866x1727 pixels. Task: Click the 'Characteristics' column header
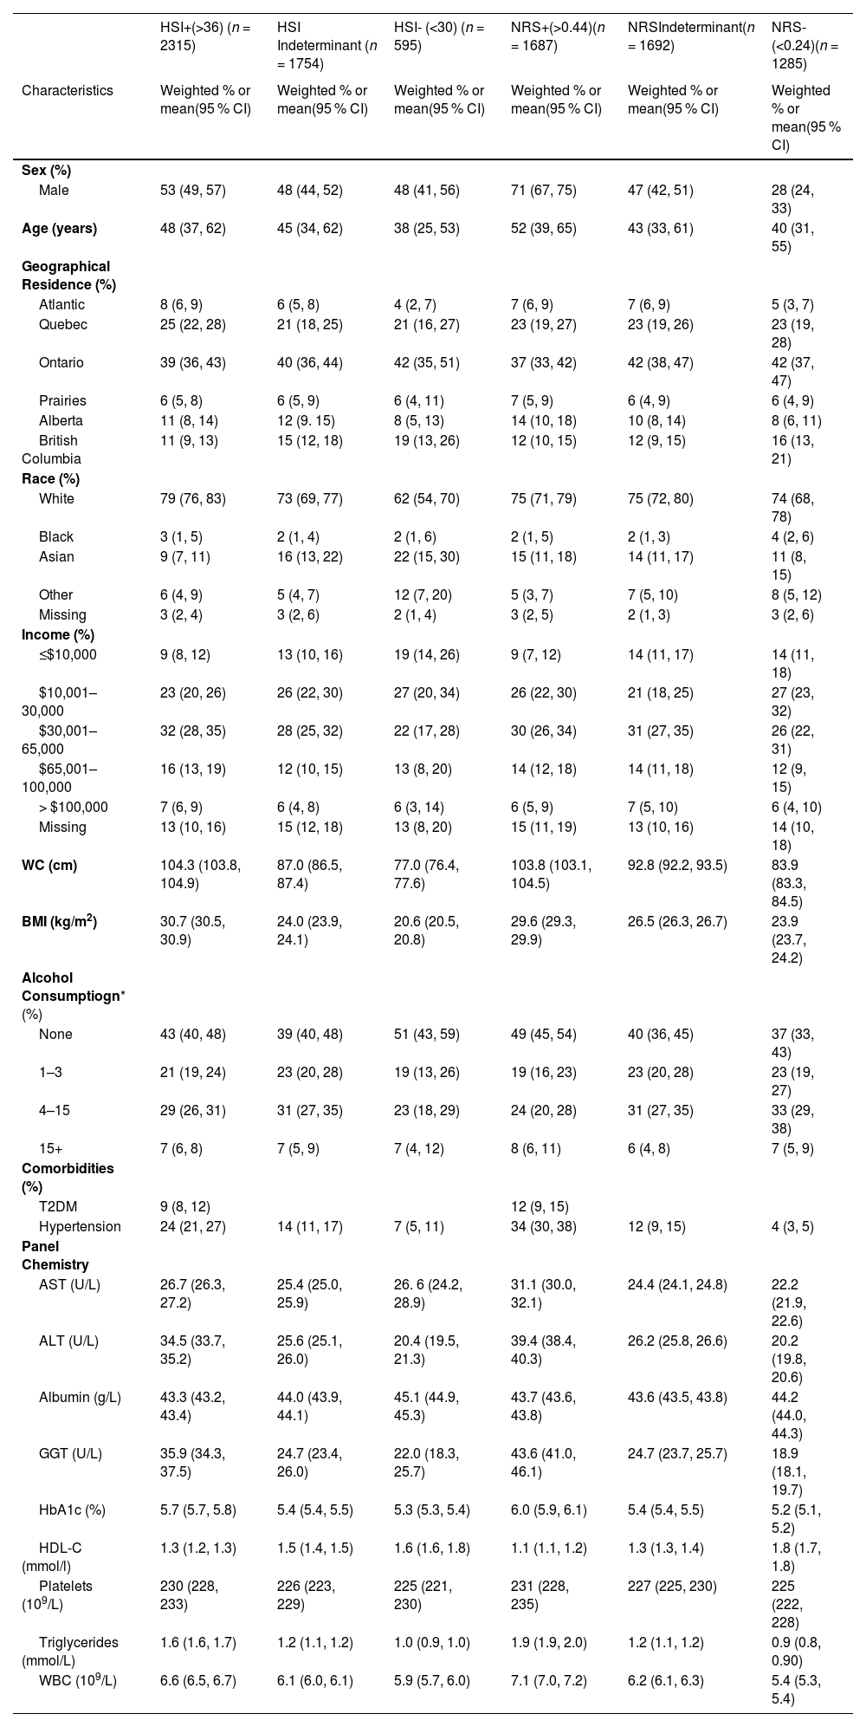click(68, 90)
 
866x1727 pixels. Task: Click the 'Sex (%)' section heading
click(46, 170)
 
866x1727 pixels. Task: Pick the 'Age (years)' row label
click(59, 229)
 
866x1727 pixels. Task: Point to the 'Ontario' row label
click(61, 362)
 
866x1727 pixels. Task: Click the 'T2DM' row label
click(56, 1206)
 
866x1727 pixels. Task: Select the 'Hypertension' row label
click(80, 1226)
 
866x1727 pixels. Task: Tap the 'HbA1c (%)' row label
click(72, 1510)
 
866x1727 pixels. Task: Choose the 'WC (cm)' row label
click(49, 865)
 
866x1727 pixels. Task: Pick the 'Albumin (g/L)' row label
click(80, 1397)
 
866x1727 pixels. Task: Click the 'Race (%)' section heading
click(51, 478)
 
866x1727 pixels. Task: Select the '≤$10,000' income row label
click(68, 654)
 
